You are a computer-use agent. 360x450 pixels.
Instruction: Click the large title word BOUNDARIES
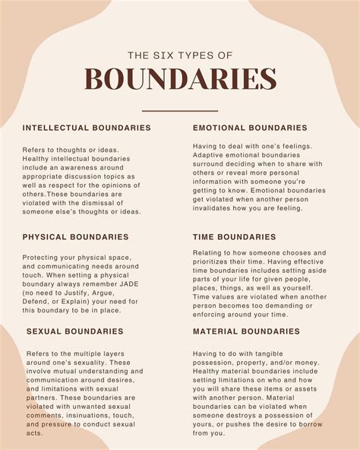[180, 80]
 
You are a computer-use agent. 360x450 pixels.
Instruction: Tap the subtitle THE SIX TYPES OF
[180, 54]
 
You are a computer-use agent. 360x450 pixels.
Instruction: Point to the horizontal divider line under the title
[180, 111]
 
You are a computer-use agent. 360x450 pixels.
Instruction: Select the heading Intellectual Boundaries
[86, 128]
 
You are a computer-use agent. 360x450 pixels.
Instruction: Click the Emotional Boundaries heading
[250, 128]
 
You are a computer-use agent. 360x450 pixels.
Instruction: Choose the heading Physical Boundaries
[76, 237]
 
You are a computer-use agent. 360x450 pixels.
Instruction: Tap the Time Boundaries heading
[234, 237]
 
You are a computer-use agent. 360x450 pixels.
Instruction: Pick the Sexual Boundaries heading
[74, 331]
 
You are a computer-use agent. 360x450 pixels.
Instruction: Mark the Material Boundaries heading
[247, 331]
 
